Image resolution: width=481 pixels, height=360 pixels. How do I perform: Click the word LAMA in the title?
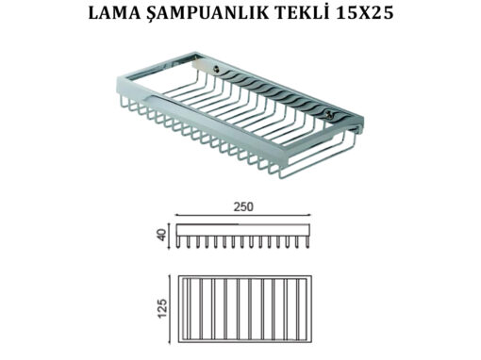[114, 13]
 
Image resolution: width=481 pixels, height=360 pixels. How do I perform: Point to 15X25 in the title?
[364, 13]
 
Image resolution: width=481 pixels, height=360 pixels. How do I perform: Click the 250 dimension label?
[243, 206]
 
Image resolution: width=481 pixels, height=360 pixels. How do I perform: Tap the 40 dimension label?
[161, 235]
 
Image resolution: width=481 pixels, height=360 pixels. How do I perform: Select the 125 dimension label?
[162, 308]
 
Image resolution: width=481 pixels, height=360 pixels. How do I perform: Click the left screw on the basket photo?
[216, 69]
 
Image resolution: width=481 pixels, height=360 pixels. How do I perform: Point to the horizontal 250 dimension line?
[243, 215]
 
